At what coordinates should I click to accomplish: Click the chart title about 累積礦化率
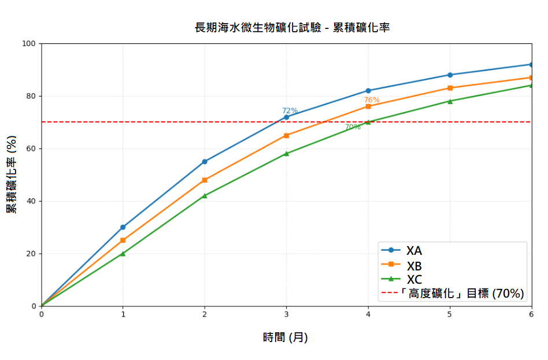point(292,27)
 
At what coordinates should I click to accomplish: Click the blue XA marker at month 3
point(286,117)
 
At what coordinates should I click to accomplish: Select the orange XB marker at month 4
point(368,106)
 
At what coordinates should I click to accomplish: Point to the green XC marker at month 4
point(368,122)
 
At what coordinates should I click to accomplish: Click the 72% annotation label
point(290,111)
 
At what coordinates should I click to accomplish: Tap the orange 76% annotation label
point(372,100)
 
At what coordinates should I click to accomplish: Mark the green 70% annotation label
point(353,127)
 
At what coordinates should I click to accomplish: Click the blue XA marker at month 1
point(123,227)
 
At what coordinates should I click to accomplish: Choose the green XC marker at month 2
point(205,196)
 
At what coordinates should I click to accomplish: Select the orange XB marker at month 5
point(450,88)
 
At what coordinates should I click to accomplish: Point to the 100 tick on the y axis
point(29,43)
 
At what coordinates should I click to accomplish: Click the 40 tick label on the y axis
point(31,201)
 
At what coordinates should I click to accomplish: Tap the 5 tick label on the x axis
point(450,314)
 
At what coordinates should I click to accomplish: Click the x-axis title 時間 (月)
point(286,337)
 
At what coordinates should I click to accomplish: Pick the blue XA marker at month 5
point(450,75)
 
